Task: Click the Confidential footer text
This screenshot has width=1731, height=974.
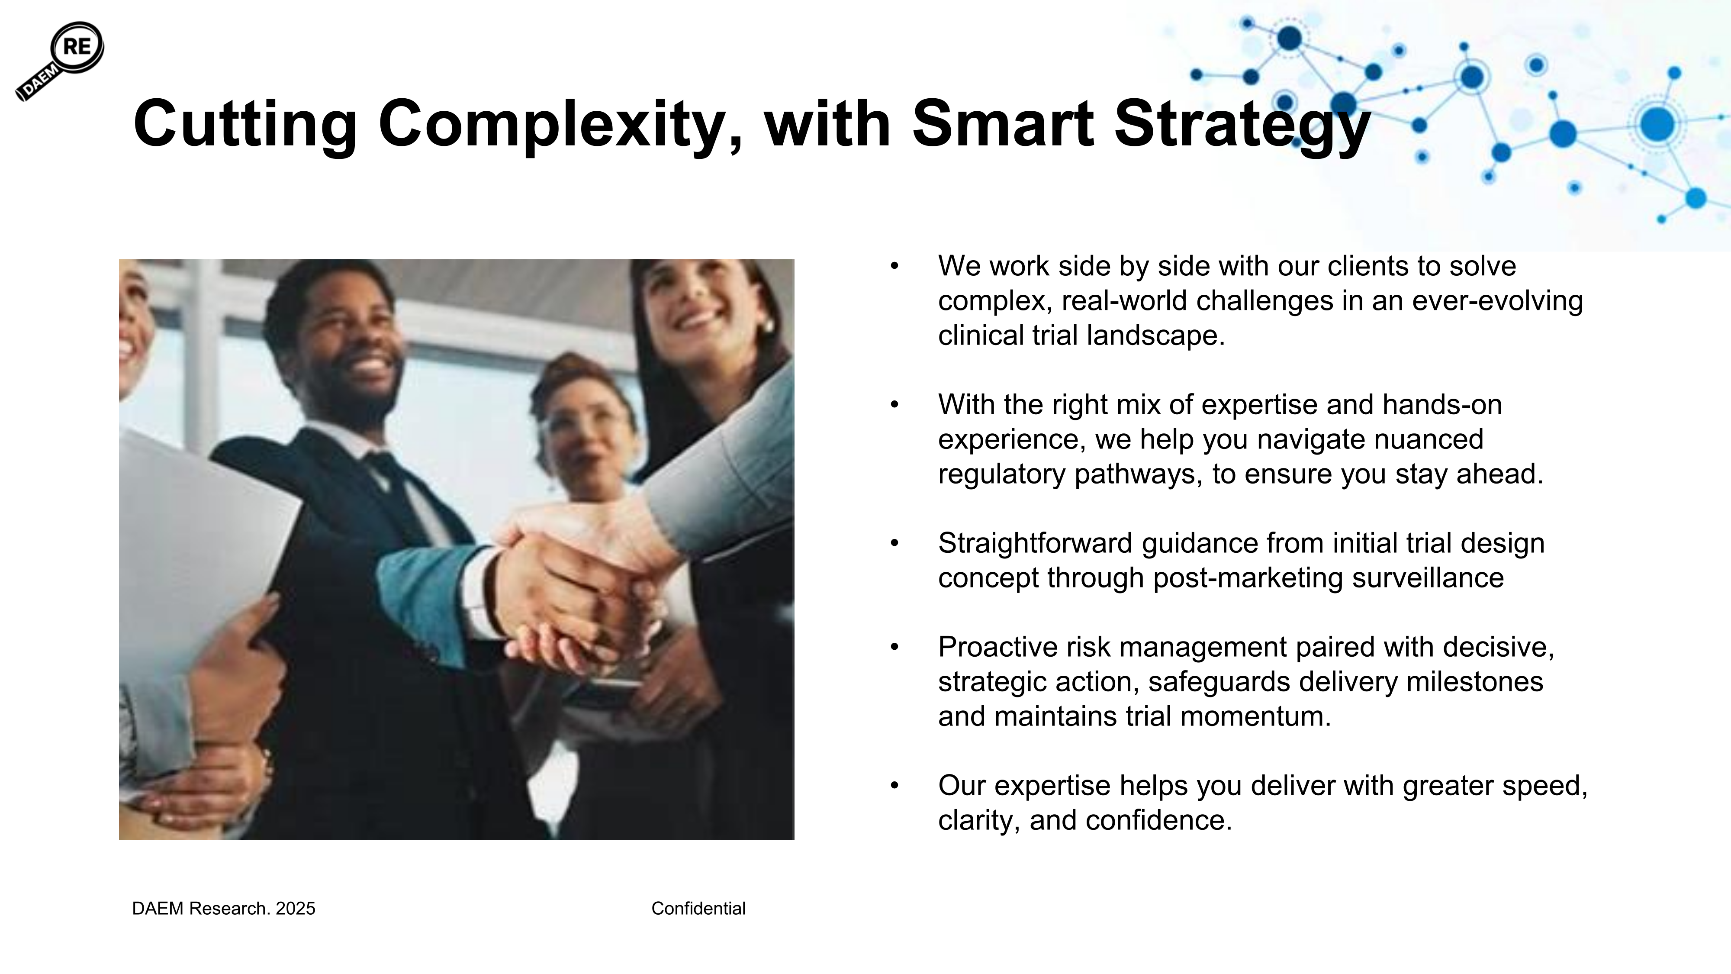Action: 698,909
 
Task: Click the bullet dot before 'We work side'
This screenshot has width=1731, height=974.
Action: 894,266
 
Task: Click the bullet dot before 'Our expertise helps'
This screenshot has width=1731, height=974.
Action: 894,786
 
